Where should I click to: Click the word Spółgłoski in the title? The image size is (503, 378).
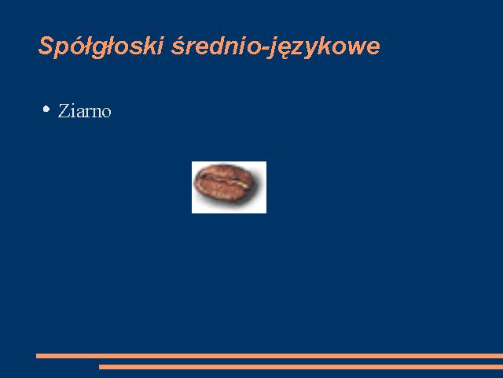click(101, 46)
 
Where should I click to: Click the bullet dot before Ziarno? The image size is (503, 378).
click(46, 109)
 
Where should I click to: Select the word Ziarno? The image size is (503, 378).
click(84, 111)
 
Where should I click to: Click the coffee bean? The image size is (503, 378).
click(225, 183)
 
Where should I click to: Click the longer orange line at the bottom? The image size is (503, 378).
click(270, 356)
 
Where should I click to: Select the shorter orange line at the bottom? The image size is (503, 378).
click(301, 367)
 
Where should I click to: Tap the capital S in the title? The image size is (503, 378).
click(46, 46)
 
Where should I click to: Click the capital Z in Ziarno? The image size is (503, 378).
click(63, 111)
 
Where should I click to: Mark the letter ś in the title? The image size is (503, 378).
click(178, 47)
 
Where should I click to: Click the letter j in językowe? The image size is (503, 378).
click(274, 48)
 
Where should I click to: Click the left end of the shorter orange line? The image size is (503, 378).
click(99, 367)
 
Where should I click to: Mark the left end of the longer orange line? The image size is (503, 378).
click(37, 356)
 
